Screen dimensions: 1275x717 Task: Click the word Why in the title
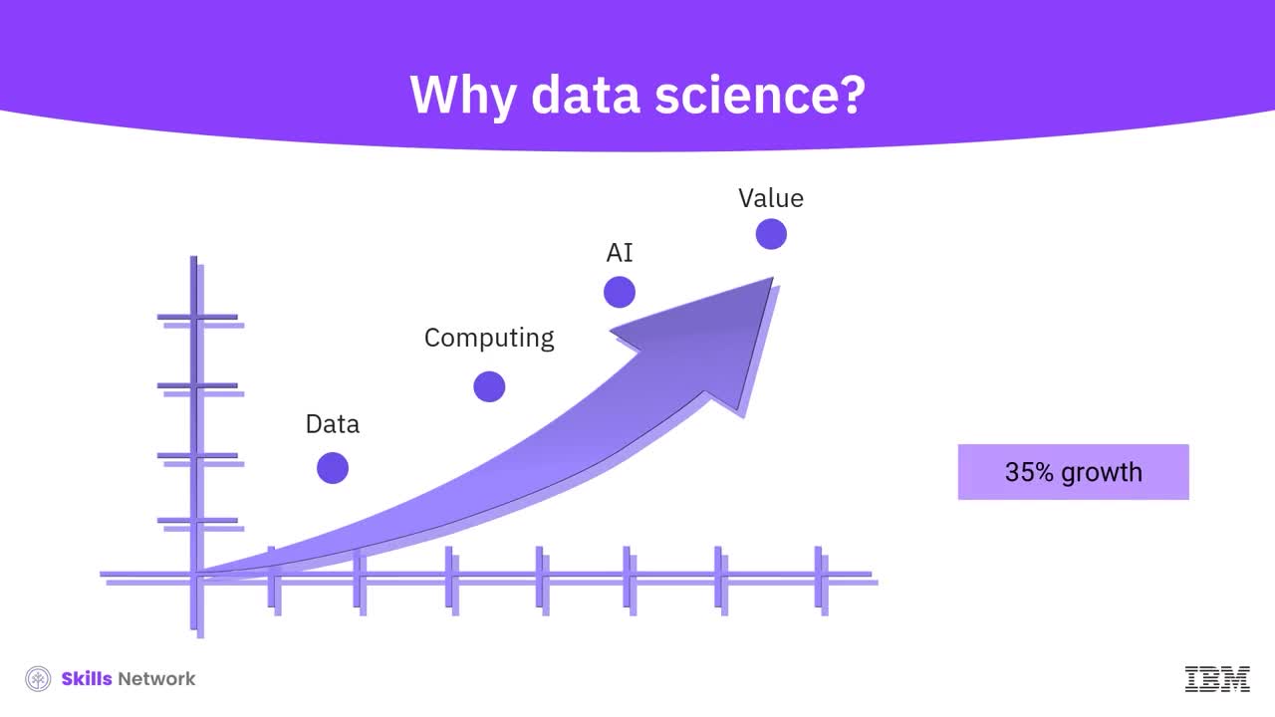(x=462, y=96)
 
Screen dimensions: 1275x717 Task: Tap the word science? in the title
(x=760, y=95)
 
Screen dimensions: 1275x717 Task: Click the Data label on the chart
(x=333, y=424)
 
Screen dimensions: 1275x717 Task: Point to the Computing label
(x=489, y=338)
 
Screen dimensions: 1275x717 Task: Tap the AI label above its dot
(x=620, y=253)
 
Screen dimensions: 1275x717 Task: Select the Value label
(x=771, y=198)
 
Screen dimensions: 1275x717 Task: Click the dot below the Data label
(x=333, y=468)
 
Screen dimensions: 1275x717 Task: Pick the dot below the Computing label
(x=489, y=386)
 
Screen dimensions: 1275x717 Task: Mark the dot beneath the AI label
(x=620, y=292)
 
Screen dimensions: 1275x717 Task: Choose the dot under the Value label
(x=771, y=234)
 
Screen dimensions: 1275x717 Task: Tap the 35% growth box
(x=1074, y=472)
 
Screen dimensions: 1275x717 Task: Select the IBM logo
(x=1217, y=679)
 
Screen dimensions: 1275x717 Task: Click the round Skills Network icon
(x=38, y=679)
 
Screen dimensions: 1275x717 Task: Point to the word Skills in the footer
(x=87, y=679)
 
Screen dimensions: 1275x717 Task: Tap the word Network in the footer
(x=156, y=679)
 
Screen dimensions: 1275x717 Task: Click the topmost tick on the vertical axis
(x=200, y=321)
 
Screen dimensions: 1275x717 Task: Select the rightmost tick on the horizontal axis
(x=822, y=581)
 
